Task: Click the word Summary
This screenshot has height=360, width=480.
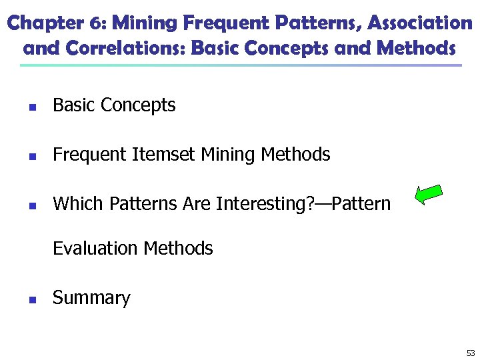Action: click(91, 298)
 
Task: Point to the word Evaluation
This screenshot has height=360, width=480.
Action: click(95, 249)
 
